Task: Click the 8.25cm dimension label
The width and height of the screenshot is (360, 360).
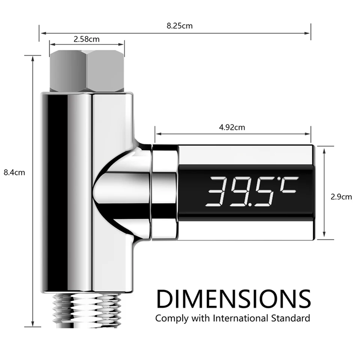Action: click(x=180, y=26)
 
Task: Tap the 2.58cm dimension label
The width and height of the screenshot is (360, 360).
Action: click(x=87, y=39)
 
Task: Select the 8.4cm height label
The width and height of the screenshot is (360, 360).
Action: click(x=14, y=173)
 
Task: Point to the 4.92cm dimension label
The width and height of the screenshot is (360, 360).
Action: click(x=232, y=127)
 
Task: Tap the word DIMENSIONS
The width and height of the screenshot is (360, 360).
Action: click(x=234, y=299)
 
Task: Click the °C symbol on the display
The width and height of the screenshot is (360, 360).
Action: click(x=288, y=186)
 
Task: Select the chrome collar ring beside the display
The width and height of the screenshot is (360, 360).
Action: click(x=164, y=191)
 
